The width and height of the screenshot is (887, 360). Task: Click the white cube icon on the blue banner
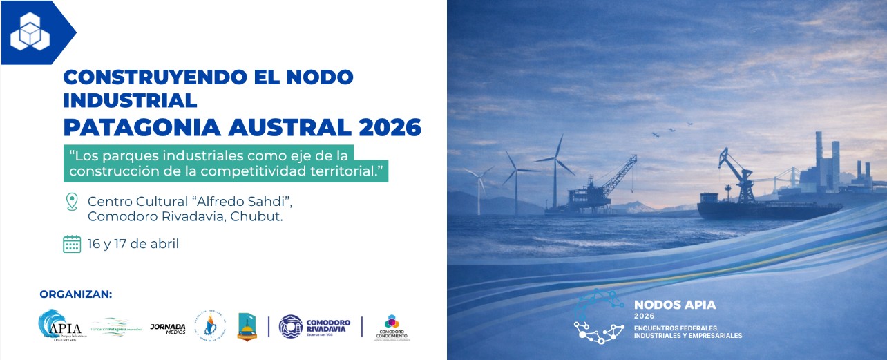(30, 32)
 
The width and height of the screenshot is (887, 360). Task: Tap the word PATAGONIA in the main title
(132, 127)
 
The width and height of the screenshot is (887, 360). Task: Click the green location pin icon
(71, 202)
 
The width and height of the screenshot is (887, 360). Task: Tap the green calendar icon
(72, 244)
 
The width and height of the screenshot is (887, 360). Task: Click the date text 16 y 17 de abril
(133, 244)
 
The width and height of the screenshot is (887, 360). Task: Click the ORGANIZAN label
(75, 294)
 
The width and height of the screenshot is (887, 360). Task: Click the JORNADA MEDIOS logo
(168, 327)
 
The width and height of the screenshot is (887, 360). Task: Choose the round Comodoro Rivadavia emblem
(290, 326)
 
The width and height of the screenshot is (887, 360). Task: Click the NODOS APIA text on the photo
(675, 305)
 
